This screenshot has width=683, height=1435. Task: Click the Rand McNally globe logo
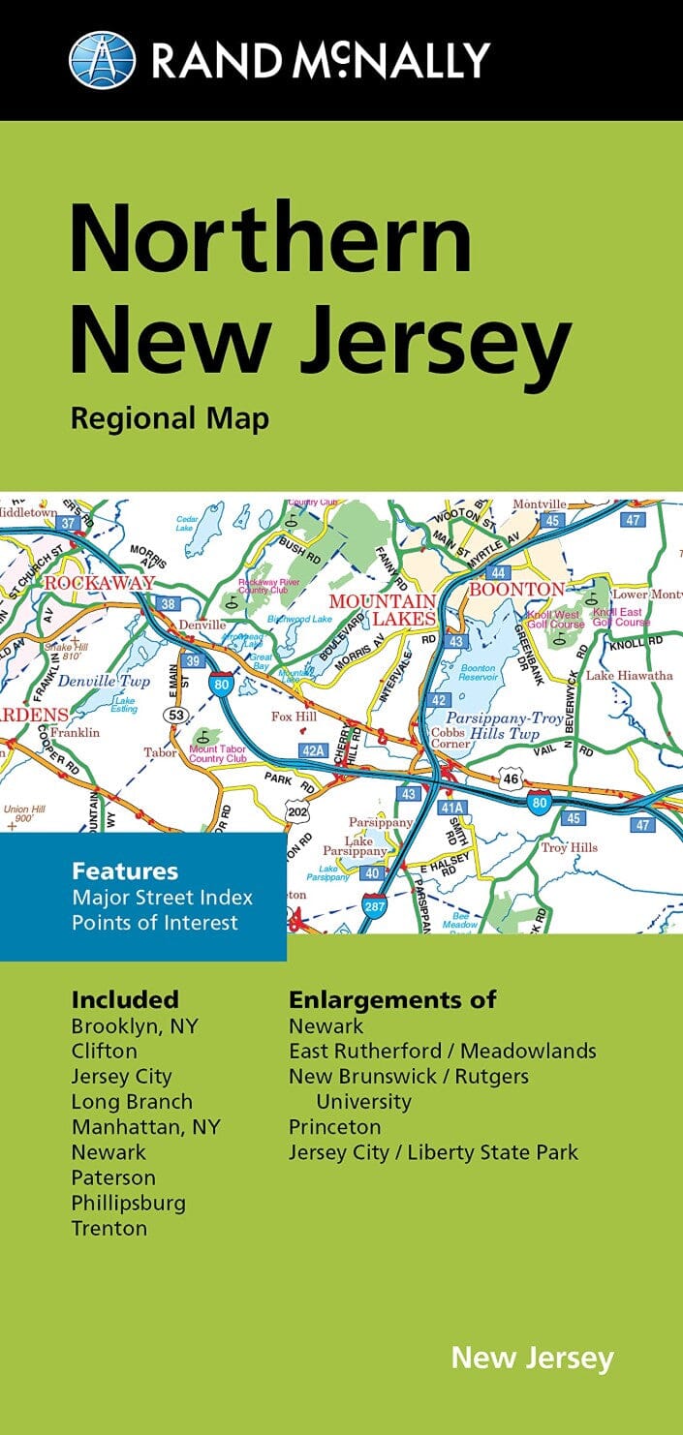click(x=102, y=59)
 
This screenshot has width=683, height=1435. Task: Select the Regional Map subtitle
click(x=170, y=420)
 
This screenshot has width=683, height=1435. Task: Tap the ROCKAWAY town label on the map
click(x=99, y=583)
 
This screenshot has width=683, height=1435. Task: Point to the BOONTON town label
click(x=516, y=589)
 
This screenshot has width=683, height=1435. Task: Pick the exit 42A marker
click(x=313, y=749)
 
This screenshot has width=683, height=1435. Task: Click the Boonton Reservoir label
click(x=478, y=674)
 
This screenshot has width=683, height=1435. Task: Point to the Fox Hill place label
click(x=295, y=717)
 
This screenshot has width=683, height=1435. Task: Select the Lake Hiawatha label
click(x=629, y=675)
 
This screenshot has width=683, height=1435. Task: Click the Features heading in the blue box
click(x=125, y=871)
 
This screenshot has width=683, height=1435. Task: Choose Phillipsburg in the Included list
click(x=128, y=1203)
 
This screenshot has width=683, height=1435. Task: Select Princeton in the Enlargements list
click(x=334, y=1127)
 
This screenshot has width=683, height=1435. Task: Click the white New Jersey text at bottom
click(x=532, y=1358)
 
